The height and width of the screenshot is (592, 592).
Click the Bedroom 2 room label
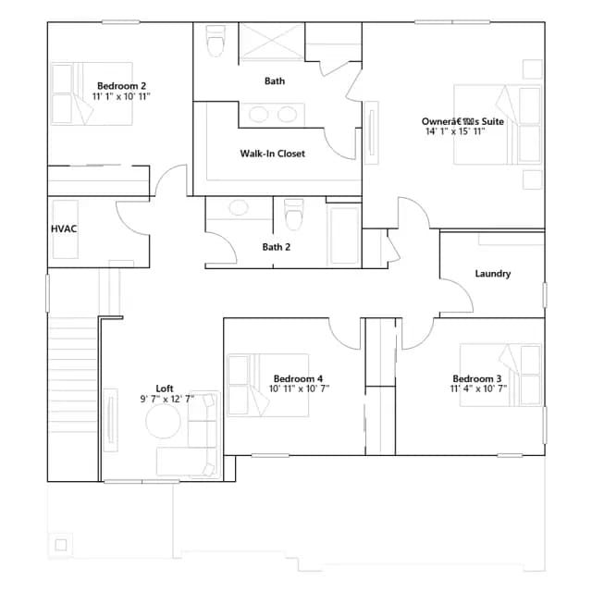click(x=121, y=86)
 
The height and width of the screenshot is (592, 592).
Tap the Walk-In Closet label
click(x=273, y=154)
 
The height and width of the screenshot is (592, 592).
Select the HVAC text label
click(x=64, y=228)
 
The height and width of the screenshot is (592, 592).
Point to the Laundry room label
click(x=493, y=274)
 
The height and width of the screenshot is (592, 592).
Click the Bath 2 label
click(x=277, y=247)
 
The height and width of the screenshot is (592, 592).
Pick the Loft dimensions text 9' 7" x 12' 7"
click(x=167, y=399)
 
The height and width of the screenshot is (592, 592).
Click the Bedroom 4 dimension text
click(x=299, y=388)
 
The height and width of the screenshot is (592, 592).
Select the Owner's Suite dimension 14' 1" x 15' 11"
click(x=455, y=131)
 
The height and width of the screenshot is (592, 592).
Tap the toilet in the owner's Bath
click(x=216, y=41)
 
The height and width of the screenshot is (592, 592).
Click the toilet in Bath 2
click(x=294, y=214)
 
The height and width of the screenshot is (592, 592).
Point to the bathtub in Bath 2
click(x=344, y=235)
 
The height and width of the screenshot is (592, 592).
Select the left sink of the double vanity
click(x=259, y=115)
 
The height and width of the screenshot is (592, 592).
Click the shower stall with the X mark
click(x=272, y=42)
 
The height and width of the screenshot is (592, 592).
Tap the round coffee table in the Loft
click(x=163, y=422)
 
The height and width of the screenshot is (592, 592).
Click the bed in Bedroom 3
click(x=500, y=375)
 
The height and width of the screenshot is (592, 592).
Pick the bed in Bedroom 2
click(x=92, y=93)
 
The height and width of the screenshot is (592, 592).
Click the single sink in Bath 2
click(x=239, y=207)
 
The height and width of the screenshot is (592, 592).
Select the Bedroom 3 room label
click(x=477, y=378)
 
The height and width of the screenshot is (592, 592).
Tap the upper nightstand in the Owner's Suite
click(x=533, y=69)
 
